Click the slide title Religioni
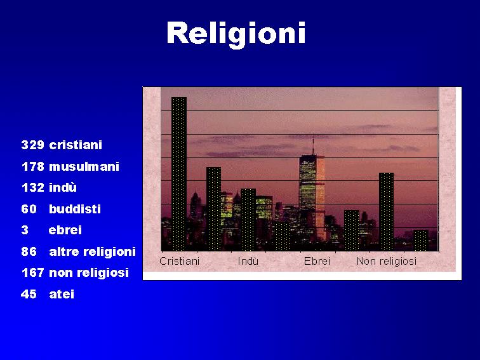[236, 34]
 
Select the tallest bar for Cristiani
[179, 174]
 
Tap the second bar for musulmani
[214, 209]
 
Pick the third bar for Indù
[248, 220]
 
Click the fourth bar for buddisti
[283, 236]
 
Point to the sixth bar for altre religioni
[352, 230]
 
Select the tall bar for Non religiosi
[386, 212]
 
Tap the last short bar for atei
[421, 240]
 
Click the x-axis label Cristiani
[180, 261]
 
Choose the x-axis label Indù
[248, 261]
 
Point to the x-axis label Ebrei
[317, 261]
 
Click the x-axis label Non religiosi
[387, 262]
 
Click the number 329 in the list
[33, 145]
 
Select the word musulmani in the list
[84, 166]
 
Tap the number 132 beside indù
[33, 187]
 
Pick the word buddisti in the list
[75, 209]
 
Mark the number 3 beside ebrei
[25, 230]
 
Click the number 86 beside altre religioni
[29, 251]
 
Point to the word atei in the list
[62, 294]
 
